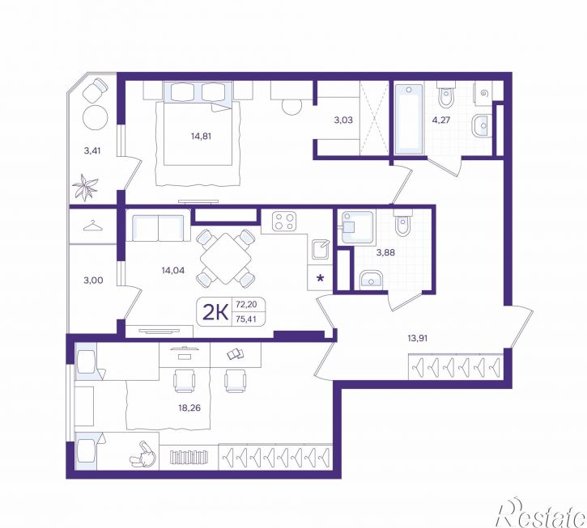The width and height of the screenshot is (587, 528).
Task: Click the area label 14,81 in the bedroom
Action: pos(201,136)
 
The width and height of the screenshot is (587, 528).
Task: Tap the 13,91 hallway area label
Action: pos(418,339)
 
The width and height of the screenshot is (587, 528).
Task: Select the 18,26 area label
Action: pos(189,408)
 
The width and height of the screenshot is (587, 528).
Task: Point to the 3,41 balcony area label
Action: pos(92,151)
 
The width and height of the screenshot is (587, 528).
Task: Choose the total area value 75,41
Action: pos(246,319)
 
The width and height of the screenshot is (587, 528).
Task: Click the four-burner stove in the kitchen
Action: pos(283,221)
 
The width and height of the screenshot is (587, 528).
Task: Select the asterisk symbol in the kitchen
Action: pos(320,278)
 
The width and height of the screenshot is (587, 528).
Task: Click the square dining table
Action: pos(226,258)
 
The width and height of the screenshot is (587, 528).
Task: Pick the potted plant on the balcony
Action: pos(85,187)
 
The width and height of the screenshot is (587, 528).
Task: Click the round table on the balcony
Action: pos(95,116)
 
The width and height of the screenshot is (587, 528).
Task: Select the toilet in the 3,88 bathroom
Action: pos(402,222)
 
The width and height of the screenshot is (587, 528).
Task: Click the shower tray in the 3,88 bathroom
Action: pos(356,227)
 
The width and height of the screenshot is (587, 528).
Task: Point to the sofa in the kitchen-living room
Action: pos(158,225)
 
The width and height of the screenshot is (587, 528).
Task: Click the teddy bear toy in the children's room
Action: pos(143,455)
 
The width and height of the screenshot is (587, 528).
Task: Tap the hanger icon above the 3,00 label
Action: pos(92,226)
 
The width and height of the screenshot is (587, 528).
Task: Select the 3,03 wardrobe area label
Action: pos(343,120)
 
